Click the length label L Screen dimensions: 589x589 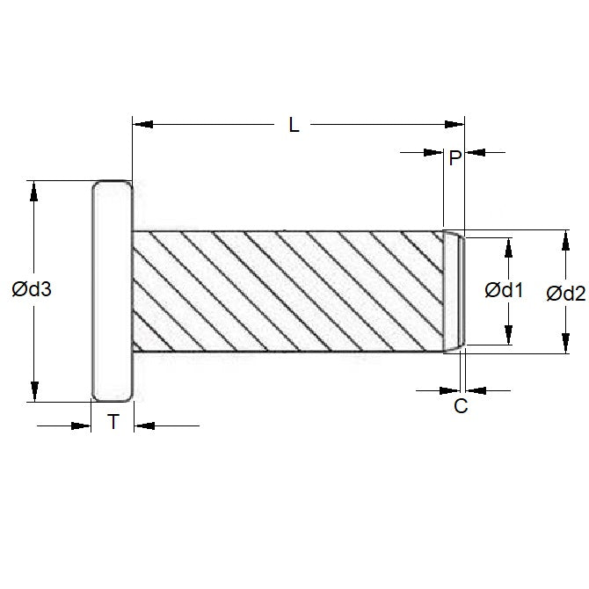[x=294, y=125]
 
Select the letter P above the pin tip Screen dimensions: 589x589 [x=454, y=158]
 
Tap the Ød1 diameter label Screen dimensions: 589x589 [x=505, y=291]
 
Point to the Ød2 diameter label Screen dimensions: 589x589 [x=565, y=294]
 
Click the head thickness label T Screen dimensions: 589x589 [x=113, y=423]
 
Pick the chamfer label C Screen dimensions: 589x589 [x=460, y=406]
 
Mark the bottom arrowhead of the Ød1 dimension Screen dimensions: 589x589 [x=508, y=337]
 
